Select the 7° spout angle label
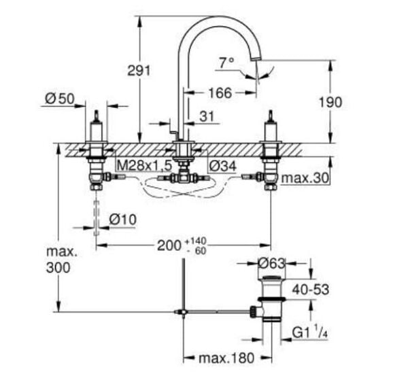coord(226,62)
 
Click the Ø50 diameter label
coord(59,99)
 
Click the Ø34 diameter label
coord(222,165)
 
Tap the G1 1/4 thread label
coord(310,333)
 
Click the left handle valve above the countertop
coord(96,129)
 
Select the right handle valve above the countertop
coord(270,129)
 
